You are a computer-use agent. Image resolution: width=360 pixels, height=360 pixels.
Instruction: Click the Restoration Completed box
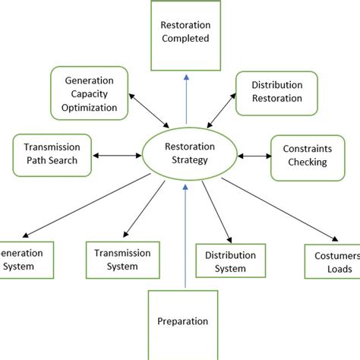(x=185, y=31)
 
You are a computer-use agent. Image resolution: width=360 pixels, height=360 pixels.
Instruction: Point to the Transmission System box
(x=122, y=260)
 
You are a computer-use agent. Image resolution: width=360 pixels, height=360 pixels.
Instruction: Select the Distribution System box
(x=231, y=262)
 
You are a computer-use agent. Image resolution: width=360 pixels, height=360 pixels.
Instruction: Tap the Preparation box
(x=182, y=321)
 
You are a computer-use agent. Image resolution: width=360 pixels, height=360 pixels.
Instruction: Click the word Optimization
(x=90, y=108)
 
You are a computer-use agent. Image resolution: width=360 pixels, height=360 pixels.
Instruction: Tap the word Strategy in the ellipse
(x=185, y=161)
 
